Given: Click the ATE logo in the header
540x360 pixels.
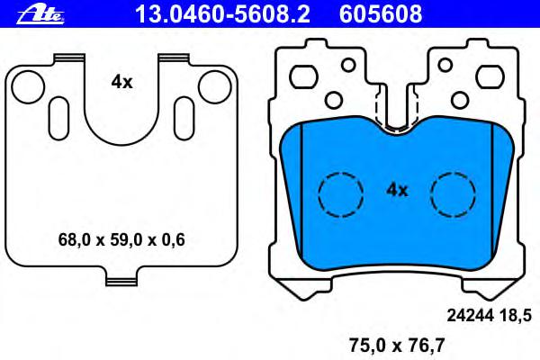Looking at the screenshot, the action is point(40,15).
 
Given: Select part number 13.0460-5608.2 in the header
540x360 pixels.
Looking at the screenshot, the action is point(222,14).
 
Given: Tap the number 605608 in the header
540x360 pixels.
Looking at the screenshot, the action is point(381,14).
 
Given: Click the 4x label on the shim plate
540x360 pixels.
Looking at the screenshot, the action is point(121,82).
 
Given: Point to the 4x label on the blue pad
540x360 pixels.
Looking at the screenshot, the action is point(397,190).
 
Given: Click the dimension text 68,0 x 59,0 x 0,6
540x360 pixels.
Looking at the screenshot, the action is point(121,239).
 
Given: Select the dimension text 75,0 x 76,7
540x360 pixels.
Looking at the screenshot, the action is point(397,346).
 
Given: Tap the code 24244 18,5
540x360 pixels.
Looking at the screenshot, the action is point(490,315).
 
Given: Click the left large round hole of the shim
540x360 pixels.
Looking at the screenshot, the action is point(28,87).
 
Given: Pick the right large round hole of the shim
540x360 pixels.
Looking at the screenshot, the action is point(214,87).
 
